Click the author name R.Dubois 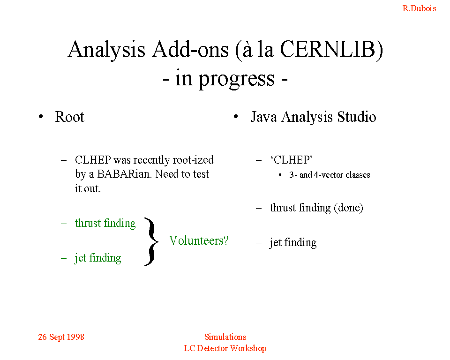click(x=419, y=8)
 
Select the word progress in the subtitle click(x=237, y=79)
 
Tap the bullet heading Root click(x=69, y=117)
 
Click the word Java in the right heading click(x=263, y=117)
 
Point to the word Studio click(x=356, y=117)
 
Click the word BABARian click(x=124, y=174)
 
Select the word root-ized click(x=193, y=160)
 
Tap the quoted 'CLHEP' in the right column click(x=291, y=160)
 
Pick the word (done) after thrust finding click(x=348, y=208)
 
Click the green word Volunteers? click(x=199, y=240)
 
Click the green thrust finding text click(x=105, y=223)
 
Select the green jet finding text click(x=98, y=258)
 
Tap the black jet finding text click(x=293, y=242)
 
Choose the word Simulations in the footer click(x=225, y=337)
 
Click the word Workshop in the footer click(x=248, y=348)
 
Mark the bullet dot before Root click(x=41, y=117)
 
